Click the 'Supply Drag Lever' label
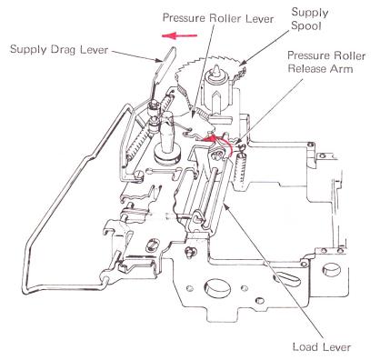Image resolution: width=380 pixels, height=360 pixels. [59, 49]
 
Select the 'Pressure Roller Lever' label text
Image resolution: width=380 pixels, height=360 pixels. [218, 18]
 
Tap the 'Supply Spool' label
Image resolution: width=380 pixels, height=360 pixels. [310, 19]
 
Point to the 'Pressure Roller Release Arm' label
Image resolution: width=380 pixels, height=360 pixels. [326, 62]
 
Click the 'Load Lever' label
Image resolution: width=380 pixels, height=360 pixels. [322, 347]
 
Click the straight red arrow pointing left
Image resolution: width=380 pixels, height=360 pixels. [180, 35]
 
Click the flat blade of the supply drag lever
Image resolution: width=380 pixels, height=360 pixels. [165, 65]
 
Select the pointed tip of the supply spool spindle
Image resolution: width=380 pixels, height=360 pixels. [217, 69]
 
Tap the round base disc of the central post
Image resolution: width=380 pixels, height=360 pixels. [166, 155]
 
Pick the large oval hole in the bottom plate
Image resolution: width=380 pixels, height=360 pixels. [217, 287]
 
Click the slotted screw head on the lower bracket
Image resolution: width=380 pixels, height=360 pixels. [154, 245]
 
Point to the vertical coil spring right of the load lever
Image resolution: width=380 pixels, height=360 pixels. [242, 171]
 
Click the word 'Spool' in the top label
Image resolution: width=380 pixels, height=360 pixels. [305, 26]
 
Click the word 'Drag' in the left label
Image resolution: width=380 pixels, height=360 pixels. [64, 50]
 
